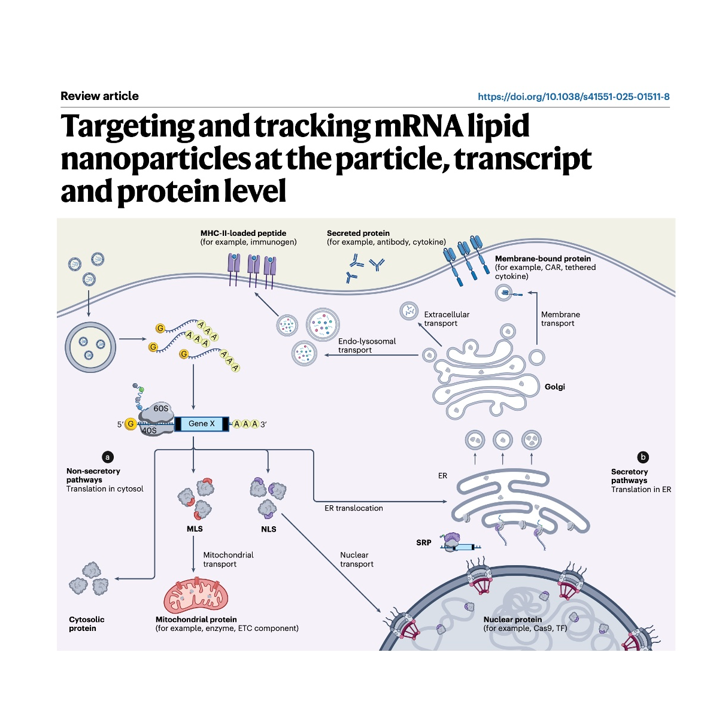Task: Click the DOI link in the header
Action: (573, 96)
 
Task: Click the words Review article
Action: (99, 96)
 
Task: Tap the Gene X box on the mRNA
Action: (198, 424)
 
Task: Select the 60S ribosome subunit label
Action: (160, 409)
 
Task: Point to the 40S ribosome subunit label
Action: (149, 430)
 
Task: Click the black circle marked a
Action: (108, 457)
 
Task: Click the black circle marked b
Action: (644, 457)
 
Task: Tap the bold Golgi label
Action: (554, 387)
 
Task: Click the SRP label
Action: (423, 543)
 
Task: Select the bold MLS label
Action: (195, 529)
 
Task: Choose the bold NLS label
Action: (269, 529)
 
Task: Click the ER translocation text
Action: (353, 508)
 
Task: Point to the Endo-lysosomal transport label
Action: (366, 345)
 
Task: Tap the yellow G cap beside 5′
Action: (130, 424)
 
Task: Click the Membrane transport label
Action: (560, 318)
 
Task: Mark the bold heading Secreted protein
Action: (358, 233)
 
